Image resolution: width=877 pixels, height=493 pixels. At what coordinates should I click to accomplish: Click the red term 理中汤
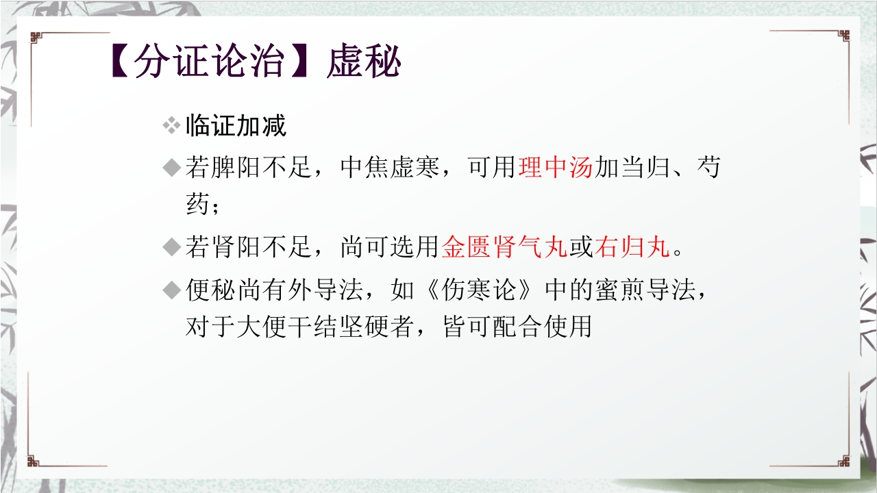(x=556, y=168)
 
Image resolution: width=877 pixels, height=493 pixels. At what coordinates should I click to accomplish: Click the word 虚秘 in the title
(x=364, y=64)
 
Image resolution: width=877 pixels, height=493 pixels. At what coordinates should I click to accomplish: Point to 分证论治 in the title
(x=208, y=64)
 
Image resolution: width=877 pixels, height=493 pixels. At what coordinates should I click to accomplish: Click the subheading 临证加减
(x=236, y=126)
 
